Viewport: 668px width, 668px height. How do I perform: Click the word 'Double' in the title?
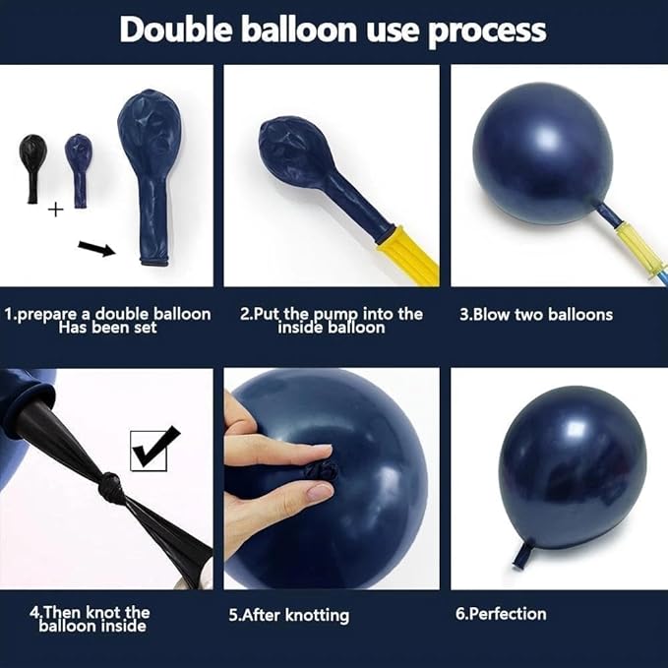175,30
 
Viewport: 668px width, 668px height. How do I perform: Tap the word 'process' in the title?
487,31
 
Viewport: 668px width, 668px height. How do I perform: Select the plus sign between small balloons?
55,210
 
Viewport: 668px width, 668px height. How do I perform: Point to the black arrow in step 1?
96,249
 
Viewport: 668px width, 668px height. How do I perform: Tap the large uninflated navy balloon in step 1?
152,177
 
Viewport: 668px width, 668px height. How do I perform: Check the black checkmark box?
153,449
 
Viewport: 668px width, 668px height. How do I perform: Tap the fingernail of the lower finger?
320,492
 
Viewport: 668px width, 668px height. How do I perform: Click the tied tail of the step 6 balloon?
522,553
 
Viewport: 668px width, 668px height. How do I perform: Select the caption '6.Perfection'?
501,614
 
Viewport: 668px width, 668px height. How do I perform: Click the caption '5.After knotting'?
289,615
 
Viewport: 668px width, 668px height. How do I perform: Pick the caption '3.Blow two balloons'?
536,315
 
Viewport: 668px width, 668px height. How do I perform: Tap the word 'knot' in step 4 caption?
102,612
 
